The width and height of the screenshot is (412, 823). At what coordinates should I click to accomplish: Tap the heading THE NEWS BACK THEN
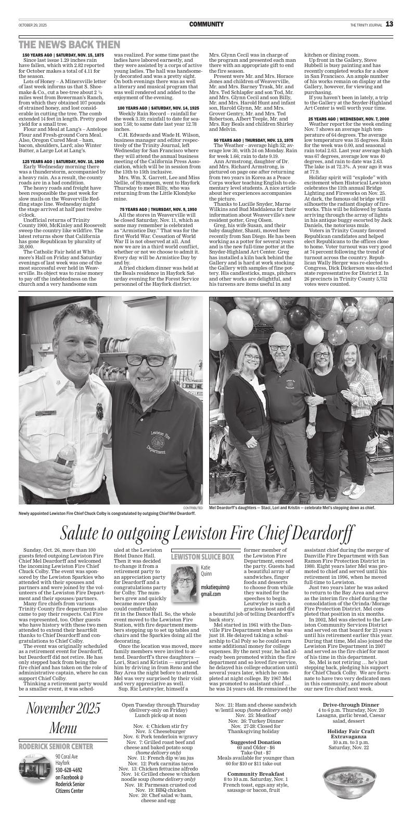69,45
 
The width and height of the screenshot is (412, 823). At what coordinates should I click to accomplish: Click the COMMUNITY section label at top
206,24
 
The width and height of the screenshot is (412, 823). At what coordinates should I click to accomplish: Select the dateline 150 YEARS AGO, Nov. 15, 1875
63,55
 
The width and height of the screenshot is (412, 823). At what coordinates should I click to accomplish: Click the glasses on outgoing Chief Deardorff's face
151,361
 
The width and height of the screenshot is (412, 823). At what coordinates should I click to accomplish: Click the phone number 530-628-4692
69,785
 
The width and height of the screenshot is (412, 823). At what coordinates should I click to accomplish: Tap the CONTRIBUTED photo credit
192,508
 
